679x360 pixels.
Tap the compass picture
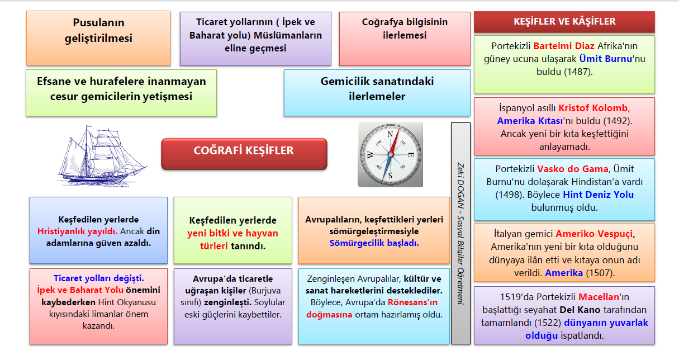point(390,155)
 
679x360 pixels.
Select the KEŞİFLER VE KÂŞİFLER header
point(564,22)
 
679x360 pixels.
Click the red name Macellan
point(599,296)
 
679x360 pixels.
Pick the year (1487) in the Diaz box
point(578,72)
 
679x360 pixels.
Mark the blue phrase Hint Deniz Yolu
point(598,195)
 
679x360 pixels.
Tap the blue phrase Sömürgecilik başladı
point(374,244)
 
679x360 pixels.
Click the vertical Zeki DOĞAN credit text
point(460,233)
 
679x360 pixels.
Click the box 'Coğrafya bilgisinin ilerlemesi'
point(397,29)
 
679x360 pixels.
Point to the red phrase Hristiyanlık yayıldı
point(77,231)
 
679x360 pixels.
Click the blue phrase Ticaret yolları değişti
point(98,278)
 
